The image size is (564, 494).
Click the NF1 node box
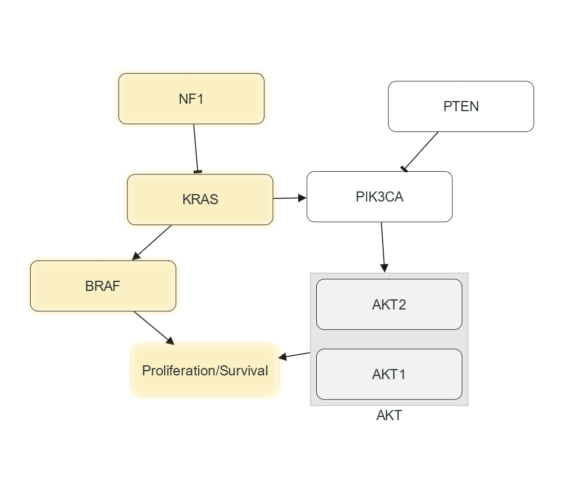(x=191, y=99)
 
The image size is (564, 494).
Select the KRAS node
(x=200, y=199)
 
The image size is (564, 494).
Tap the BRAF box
(x=103, y=286)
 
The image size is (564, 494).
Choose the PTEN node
(x=461, y=106)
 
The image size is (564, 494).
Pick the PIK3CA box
(x=380, y=197)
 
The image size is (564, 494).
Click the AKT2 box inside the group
(x=389, y=305)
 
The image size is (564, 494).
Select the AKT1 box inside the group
(x=389, y=374)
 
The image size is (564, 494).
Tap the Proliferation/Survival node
(x=205, y=371)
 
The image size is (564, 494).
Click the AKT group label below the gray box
(x=389, y=415)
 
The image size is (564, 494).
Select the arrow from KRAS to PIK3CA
(x=290, y=198)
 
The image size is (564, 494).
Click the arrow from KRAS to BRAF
(x=152, y=242)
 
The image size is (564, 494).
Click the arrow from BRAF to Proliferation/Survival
(x=154, y=328)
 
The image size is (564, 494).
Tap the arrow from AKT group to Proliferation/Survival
(x=294, y=355)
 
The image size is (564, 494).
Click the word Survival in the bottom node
(x=244, y=371)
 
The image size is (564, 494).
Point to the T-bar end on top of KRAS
(x=198, y=171)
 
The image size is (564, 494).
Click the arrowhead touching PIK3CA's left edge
(x=303, y=198)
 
